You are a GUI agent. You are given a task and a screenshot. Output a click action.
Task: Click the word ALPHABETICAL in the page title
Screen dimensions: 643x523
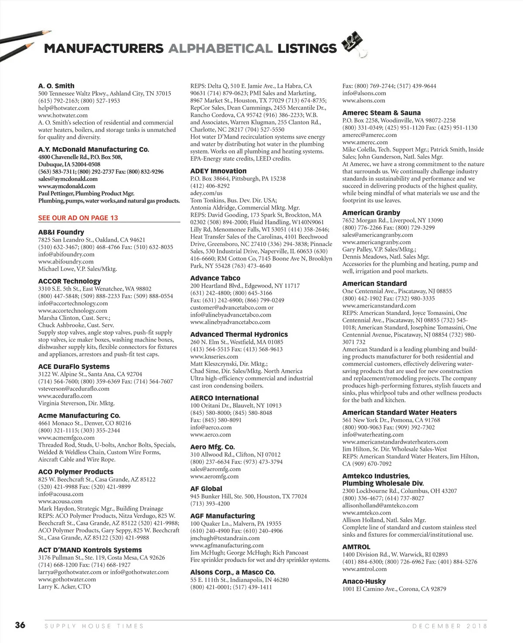coord(220,48)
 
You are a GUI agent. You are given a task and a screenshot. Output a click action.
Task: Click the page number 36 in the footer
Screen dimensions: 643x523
coord(20,625)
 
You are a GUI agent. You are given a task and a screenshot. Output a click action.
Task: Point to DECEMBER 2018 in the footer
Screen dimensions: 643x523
coord(450,626)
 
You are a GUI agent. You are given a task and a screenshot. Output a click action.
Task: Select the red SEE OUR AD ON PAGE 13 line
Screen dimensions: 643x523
coord(78,218)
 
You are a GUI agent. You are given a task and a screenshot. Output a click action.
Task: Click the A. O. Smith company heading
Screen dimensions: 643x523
coord(56,86)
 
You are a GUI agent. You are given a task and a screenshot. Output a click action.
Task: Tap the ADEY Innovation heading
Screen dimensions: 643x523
coord(218,171)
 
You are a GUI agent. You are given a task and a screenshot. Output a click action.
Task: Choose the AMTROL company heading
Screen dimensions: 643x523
coord(356,547)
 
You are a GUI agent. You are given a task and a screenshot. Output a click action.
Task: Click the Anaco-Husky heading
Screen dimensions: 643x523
coord(364,581)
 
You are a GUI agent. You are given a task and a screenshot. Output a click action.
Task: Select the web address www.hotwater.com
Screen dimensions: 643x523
coord(63,115)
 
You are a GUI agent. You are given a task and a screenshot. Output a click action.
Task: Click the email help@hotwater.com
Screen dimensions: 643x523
coord(64,108)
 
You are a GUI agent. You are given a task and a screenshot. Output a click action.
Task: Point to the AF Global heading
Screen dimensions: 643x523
coord(206,489)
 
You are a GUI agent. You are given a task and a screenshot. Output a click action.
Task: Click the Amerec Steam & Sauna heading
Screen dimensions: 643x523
coord(381,113)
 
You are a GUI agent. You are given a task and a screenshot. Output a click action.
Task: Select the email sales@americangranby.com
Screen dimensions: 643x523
coord(377,235)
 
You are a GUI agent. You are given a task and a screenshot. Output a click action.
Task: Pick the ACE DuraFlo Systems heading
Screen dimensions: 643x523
coord(74,366)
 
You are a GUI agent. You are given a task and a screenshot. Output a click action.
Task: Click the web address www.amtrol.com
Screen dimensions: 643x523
coord(364,569)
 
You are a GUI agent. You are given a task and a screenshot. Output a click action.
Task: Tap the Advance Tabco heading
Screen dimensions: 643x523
coord(215,278)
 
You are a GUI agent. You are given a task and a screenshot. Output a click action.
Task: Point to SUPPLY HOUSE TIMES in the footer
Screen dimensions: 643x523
coord(94,626)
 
